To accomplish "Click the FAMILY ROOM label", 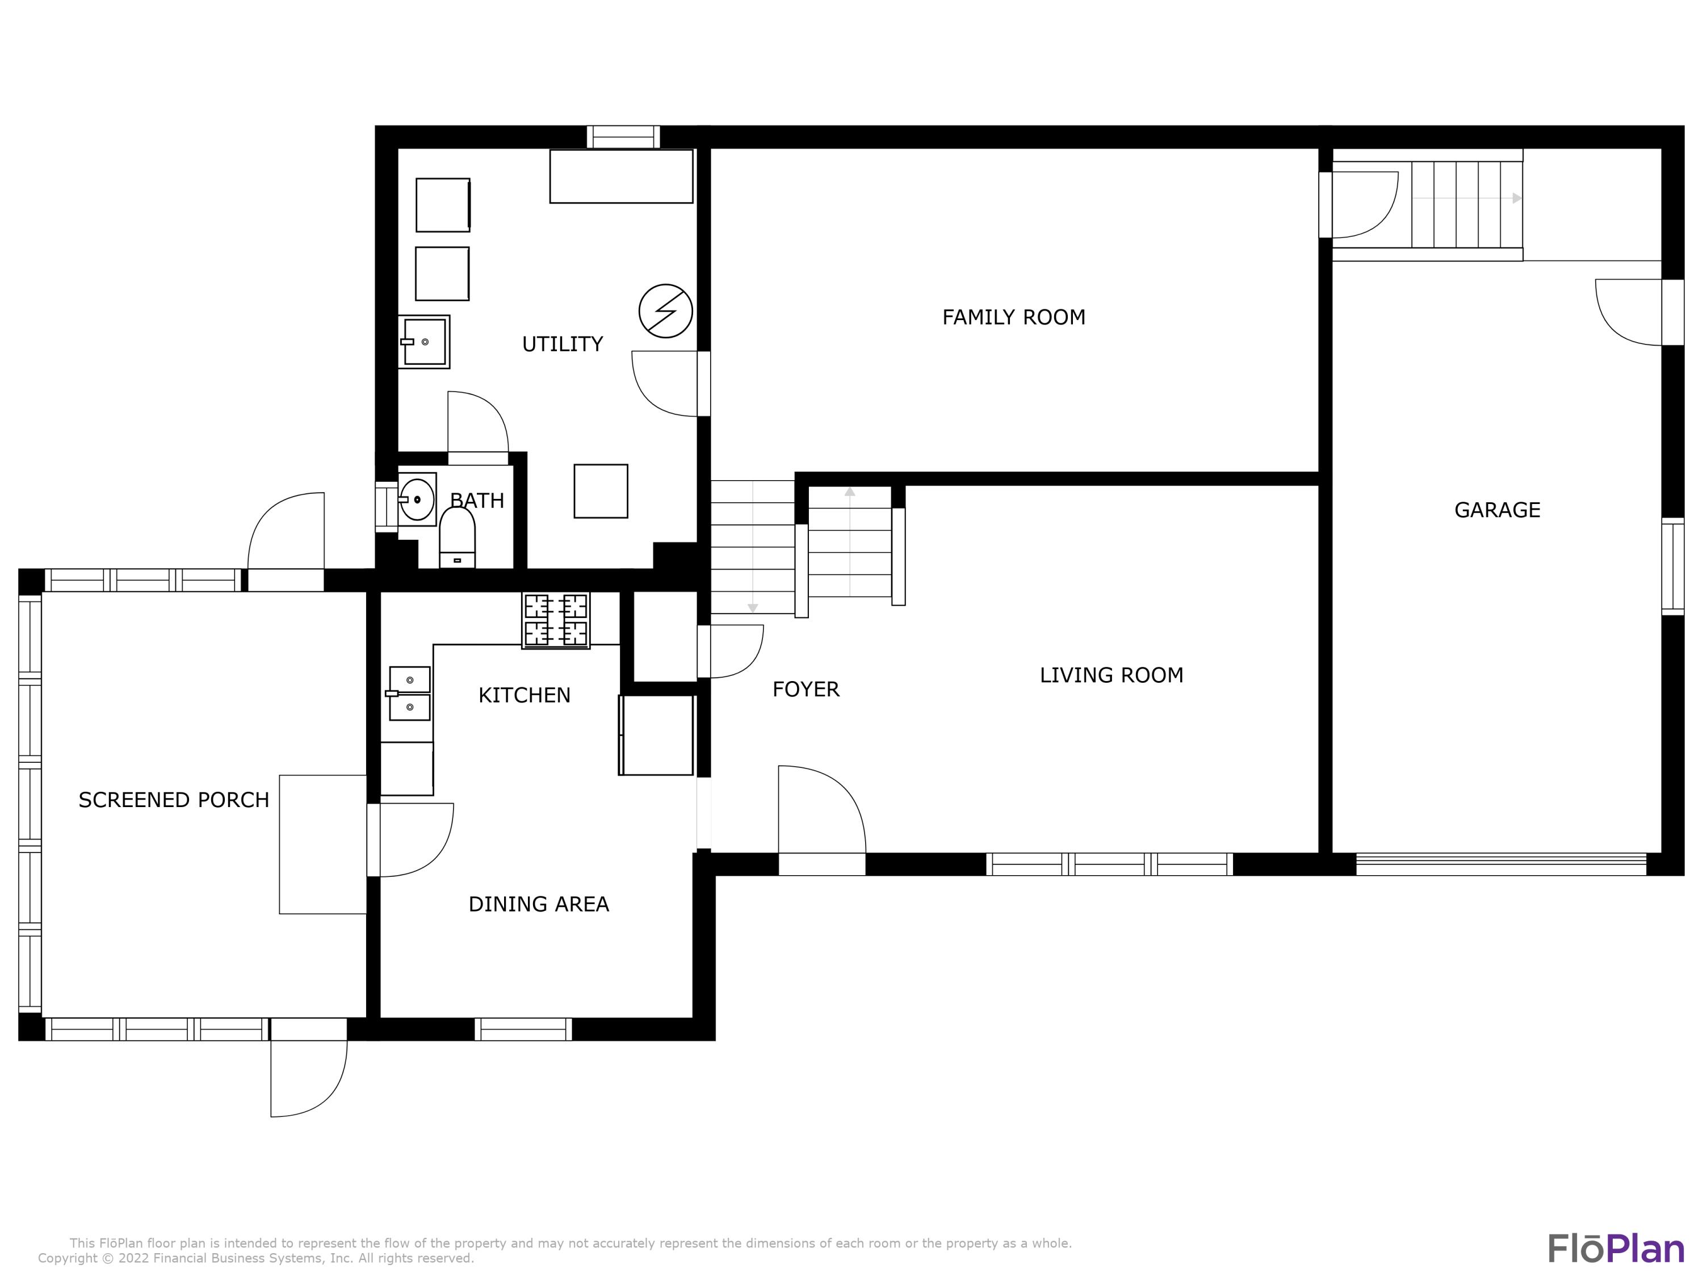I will (x=1013, y=317).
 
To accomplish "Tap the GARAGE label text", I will (x=1497, y=510).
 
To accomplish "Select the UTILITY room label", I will (x=562, y=344).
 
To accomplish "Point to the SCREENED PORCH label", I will (x=174, y=800).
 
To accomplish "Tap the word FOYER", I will (x=806, y=689).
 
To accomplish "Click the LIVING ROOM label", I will (x=1111, y=675).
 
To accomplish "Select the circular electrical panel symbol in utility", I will (x=665, y=311).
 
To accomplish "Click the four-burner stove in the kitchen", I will (x=556, y=620).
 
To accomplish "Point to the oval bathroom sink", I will (x=417, y=499).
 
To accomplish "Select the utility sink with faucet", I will (x=423, y=342).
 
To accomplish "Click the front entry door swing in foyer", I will (x=821, y=810).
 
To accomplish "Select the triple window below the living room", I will (x=1109, y=864).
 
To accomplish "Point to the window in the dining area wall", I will (x=523, y=1029).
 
